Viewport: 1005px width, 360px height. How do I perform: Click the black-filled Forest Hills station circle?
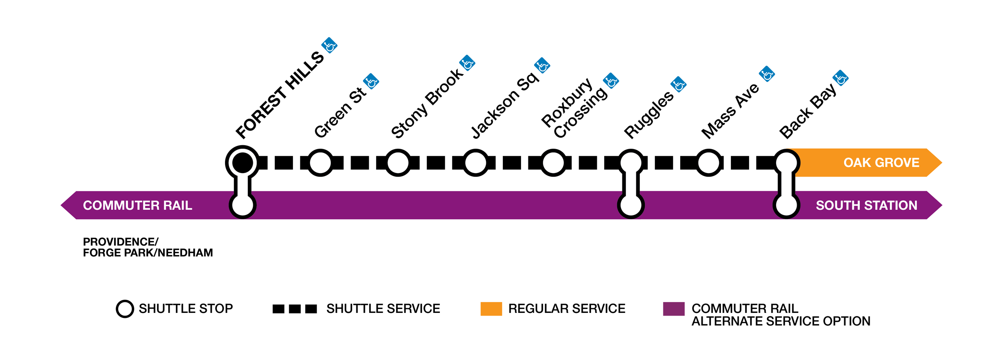pyautogui.click(x=242, y=163)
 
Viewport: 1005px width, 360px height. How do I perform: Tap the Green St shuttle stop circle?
pyautogui.click(x=320, y=163)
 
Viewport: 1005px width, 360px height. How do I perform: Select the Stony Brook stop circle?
pyautogui.click(x=397, y=163)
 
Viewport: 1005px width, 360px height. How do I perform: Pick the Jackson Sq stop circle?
pyautogui.click(x=475, y=163)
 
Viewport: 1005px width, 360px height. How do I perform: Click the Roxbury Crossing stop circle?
pyautogui.click(x=553, y=163)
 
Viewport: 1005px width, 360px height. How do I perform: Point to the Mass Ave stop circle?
pyautogui.click(x=708, y=163)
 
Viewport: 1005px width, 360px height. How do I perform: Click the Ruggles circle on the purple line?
pyautogui.click(x=630, y=205)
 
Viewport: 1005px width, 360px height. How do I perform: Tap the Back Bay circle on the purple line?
pyautogui.click(x=786, y=205)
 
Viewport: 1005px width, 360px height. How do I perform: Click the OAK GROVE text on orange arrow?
pyautogui.click(x=881, y=163)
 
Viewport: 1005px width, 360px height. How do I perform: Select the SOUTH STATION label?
pyautogui.click(x=866, y=205)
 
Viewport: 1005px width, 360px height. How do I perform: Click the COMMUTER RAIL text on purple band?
pyautogui.click(x=137, y=205)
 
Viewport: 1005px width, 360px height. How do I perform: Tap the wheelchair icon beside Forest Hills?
pyautogui.click(x=329, y=46)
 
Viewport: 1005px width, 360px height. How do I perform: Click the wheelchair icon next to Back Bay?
pyautogui.click(x=840, y=78)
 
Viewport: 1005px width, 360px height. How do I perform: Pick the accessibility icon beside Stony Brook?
pyautogui.click(x=467, y=63)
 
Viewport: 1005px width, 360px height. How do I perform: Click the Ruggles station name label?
pyautogui.click(x=648, y=115)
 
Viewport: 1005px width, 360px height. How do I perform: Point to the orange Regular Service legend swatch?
pyautogui.click(x=491, y=309)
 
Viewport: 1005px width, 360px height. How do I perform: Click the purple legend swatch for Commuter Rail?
pyautogui.click(x=673, y=309)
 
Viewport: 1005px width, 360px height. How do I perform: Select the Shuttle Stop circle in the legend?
pyautogui.click(x=125, y=309)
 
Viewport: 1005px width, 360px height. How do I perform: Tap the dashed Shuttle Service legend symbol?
pyautogui.click(x=295, y=309)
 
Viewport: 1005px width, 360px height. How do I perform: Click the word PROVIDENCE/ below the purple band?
pyautogui.click(x=121, y=242)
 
